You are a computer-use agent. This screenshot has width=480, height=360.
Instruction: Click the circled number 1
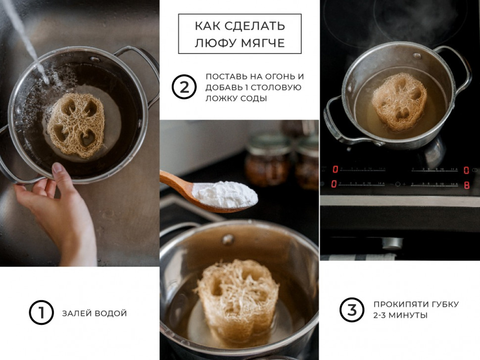click(x=41, y=313)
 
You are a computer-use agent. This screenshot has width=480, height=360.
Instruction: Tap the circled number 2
click(x=184, y=88)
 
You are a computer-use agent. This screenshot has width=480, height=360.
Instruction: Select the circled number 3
click(x=352, y=310)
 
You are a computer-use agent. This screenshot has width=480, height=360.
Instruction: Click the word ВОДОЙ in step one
click(x=112, y=313)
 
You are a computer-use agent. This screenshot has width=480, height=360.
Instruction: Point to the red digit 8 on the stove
click(x=466, y=184)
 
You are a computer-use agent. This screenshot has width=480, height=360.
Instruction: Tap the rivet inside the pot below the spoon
click(x=228, y=239)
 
